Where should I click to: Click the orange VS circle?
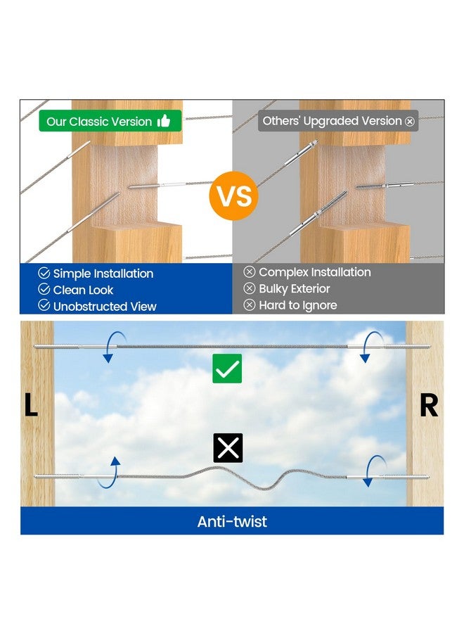pos(233,196)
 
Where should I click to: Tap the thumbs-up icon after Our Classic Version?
pos(163,121)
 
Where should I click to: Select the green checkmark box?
pos(227,369)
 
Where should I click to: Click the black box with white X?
pos(228,448)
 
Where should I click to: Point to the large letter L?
pos(31,404)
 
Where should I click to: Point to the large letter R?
pos(428,405)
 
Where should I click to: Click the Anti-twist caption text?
pos(232,522)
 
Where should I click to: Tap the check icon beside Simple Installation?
pos(44,273)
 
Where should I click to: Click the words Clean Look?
pos(83,290)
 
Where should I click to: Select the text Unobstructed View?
pos(105,307)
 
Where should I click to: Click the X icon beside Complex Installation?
pos(250,271)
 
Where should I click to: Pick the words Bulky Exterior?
pos(294,288)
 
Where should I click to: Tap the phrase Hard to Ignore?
pos(298,305)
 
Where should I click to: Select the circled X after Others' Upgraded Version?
pos(410,121)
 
